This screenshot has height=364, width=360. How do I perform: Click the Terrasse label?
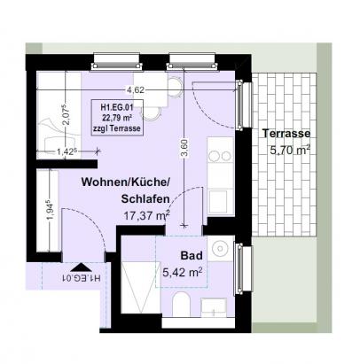285,134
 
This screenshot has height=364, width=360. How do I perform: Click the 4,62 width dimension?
136,89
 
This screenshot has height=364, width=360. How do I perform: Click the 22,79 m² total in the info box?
122,120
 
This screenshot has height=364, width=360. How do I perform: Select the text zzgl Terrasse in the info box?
122,129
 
